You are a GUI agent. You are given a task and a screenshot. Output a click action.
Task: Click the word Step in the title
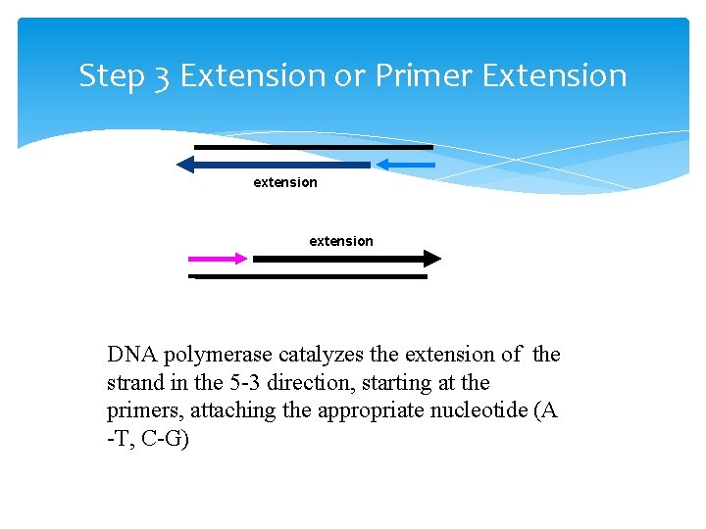(111, 76)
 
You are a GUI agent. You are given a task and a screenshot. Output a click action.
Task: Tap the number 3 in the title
(162, 76)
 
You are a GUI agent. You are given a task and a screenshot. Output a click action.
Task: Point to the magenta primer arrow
(218, 259)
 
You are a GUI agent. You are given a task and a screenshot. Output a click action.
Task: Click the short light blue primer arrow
(405, 164)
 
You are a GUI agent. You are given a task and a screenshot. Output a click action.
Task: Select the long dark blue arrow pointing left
(275, 165)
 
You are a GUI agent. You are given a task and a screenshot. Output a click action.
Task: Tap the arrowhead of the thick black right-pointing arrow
(431, 259)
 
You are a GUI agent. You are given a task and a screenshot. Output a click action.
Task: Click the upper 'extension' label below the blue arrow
(285, 182)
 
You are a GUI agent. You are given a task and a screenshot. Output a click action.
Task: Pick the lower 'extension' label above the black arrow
(341, 241)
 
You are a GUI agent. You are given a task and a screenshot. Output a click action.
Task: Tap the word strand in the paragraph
(134, 383)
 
